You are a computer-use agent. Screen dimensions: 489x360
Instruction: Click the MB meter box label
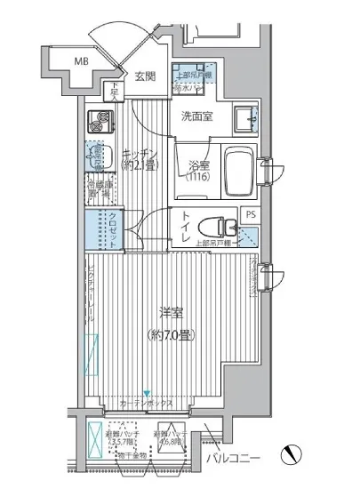(x=81, y=60)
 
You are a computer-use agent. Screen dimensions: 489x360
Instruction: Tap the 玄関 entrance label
(x=145, y=76)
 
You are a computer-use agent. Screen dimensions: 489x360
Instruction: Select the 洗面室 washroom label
(x=196, y=116)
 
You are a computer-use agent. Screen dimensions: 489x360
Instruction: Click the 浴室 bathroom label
(x=198, y=164)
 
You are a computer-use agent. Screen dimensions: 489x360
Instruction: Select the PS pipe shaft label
(x=251, y=214)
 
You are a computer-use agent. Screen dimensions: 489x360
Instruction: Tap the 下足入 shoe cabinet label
(x=116, y=91)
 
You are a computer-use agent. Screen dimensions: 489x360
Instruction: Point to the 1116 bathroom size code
(x=199, y=178)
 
